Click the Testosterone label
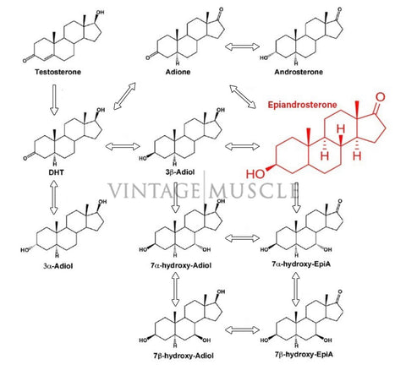pos(58,72)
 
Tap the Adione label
pos(178,72)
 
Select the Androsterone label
pos(299,72)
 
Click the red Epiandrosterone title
pos(302,105)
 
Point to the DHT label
pos(57,172)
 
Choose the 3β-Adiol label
pos(180,171)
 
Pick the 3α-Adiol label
pos(58,266)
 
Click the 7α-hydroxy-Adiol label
pos(181,265)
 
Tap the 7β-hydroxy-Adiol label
pos(184,356)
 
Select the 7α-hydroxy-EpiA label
pos(301,264)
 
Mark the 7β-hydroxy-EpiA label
pos(304,354)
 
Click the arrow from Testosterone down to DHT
pos(54,100)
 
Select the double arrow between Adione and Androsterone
pos(242,46)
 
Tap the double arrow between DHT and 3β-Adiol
pos(123,146)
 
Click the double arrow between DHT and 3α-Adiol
pos(53,197)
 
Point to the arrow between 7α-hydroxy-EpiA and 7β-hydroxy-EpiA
pos(295,289)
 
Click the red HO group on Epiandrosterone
pos(255,174)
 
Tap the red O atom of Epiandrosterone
pos(381,97)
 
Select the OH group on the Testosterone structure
pos(100,13)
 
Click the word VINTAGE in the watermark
pos(154,191)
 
